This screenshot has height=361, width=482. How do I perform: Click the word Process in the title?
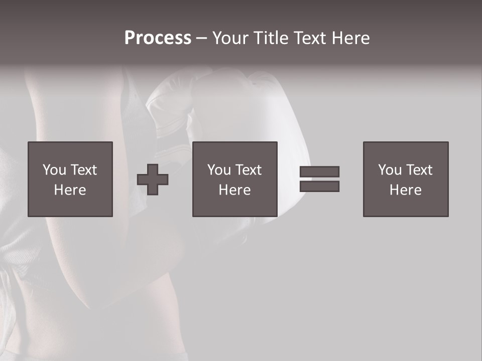[x=158, y=38]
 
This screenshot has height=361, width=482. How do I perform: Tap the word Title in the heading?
[x=270, y=38]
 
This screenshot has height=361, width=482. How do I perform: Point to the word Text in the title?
[x=310, y=38]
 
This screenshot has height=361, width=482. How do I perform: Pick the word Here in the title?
[x=351, y=38]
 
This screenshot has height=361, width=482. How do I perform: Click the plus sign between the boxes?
[x=153, y=179]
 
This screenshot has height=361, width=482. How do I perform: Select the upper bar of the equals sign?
[x=319, y=171]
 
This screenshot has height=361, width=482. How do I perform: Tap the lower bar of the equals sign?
[x=319, y=187]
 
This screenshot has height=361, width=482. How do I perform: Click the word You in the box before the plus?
[x=54, y=170]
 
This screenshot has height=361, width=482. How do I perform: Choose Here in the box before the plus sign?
[x=70, y=190]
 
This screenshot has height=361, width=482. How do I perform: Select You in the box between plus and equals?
[x=219, y=170]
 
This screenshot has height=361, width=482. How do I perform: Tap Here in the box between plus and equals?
[x=235, y=190]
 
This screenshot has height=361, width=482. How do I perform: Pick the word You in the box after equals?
[x=390, y=170]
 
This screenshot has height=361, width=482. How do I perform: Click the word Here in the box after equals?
[x=406, y=190]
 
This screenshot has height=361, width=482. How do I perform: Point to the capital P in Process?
[x=130, y=38]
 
